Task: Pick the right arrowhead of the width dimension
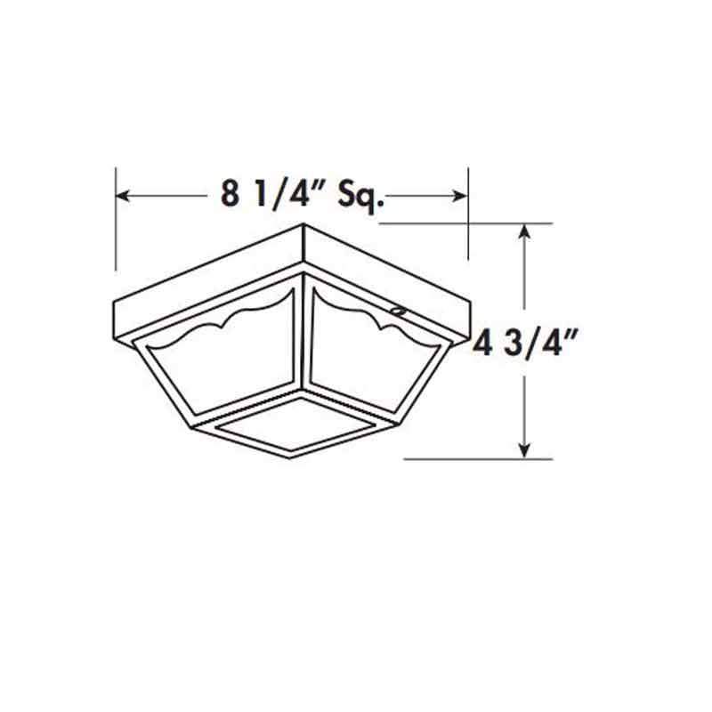460,195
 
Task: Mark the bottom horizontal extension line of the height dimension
472,459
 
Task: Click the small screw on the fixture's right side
398,311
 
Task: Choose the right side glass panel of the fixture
374,365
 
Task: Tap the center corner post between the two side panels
303,338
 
